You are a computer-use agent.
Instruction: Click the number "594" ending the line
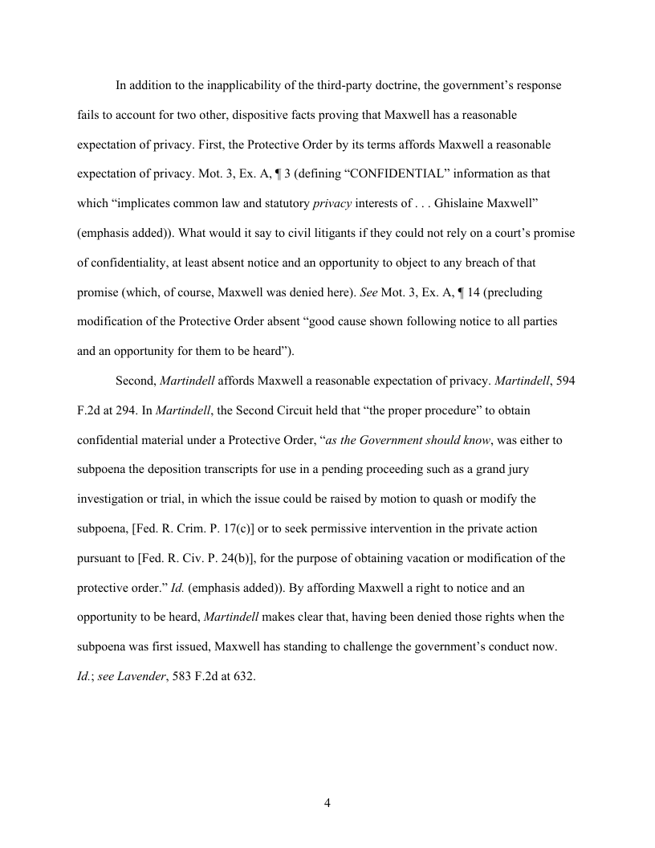[565, 381]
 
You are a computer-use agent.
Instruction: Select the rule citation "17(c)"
[250, 528]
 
